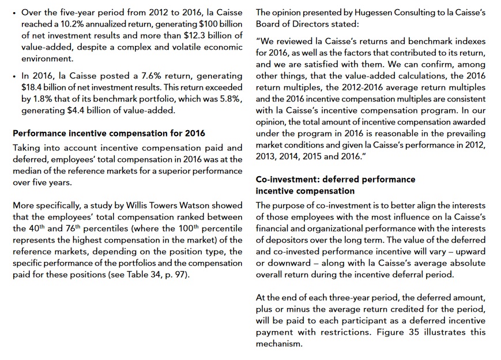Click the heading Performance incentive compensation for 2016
coord(109,134)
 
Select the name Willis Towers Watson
coord(171,206)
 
